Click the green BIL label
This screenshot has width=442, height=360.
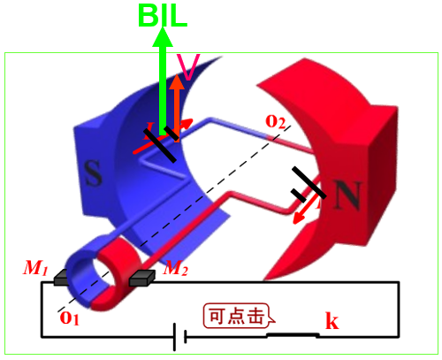163,15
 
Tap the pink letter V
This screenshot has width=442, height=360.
188,67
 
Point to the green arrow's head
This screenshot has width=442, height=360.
163,37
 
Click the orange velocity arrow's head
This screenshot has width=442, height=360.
177,81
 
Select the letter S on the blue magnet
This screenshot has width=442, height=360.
93,173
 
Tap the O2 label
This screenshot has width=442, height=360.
276,121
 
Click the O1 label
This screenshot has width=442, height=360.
70,318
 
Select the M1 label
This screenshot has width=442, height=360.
35,268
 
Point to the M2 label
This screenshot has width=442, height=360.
176,268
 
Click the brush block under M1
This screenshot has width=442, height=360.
61,278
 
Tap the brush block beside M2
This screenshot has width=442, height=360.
142,278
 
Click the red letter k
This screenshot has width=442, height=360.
332,320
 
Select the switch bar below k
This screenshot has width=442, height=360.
293,335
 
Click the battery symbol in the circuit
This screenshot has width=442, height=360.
179,337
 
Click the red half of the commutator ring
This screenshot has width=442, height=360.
118,277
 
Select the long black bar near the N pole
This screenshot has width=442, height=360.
309,182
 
